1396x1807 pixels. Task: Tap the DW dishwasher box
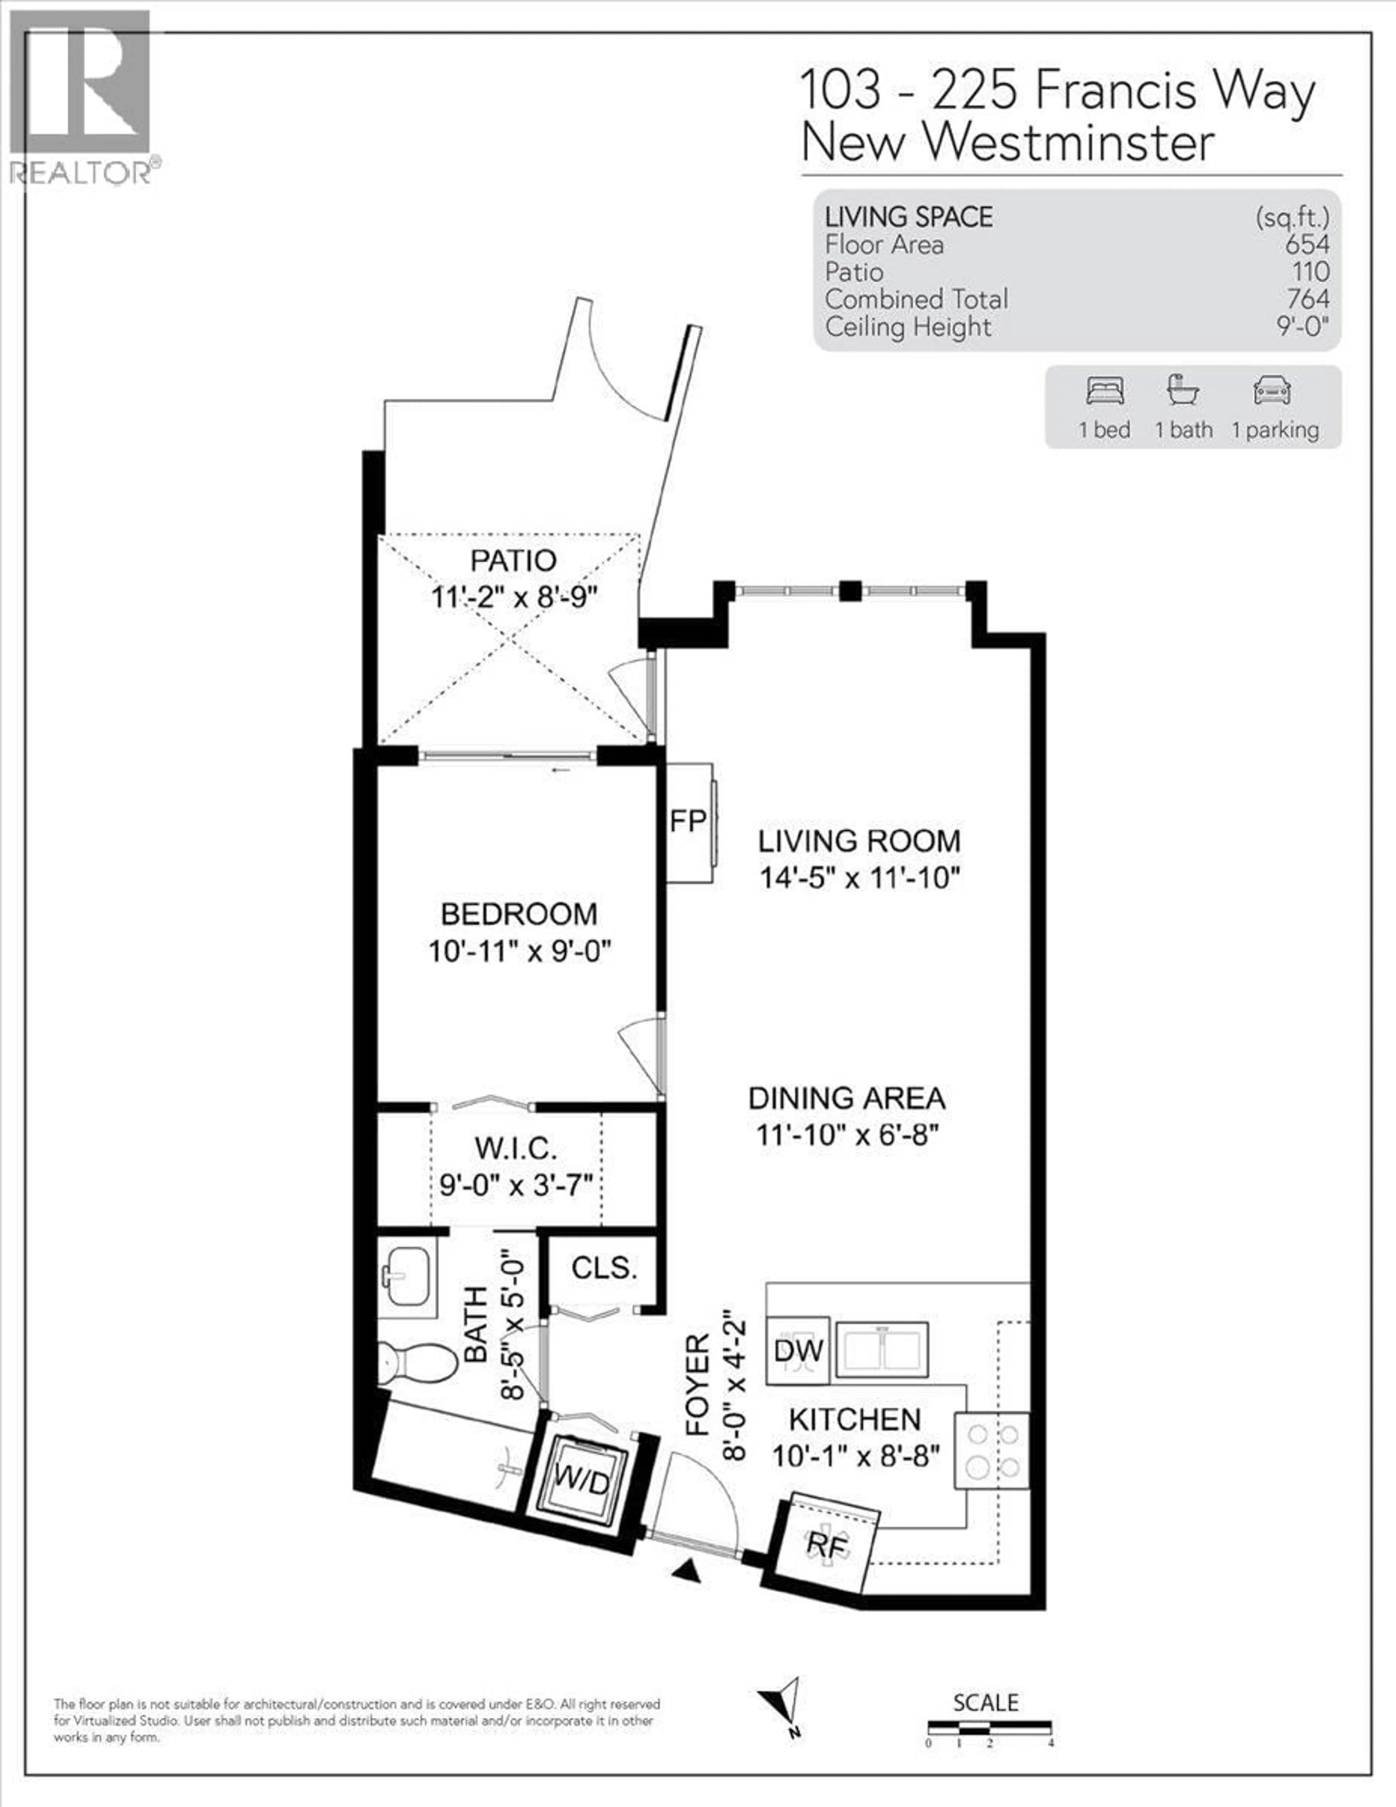(x=798, y=1351)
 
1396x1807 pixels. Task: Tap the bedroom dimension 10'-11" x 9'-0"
(x=519, y=952)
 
